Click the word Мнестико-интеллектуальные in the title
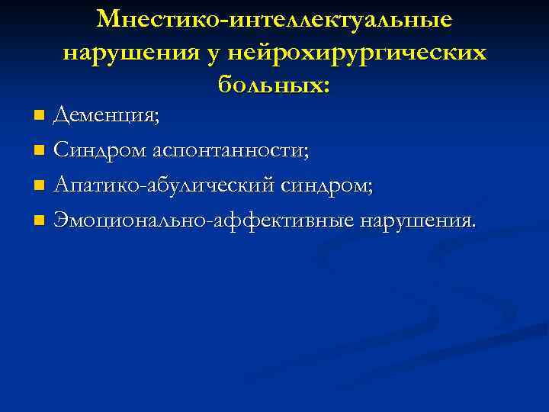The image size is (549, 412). point(274,19)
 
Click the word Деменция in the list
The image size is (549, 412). point(105,116)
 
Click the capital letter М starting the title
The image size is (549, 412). point(110,19)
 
